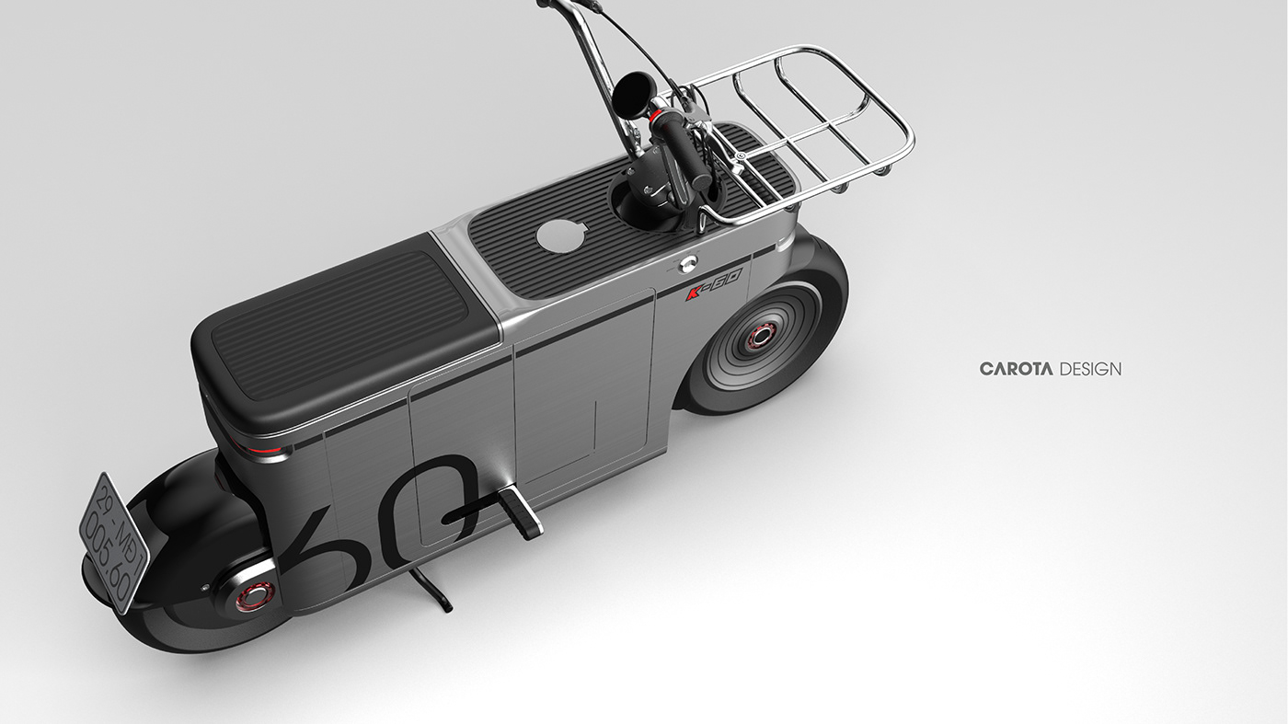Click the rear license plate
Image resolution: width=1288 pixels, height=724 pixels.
tap(113, 543)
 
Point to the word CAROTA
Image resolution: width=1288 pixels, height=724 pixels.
tap(1017, 369)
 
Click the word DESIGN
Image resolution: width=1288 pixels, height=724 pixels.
tap(1091, 369)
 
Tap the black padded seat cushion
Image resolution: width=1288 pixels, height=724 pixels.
tap(345, 322)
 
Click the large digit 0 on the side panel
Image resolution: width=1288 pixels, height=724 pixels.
tap(442, 501)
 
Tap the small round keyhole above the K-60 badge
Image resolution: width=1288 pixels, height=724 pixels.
tap(685, 265)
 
